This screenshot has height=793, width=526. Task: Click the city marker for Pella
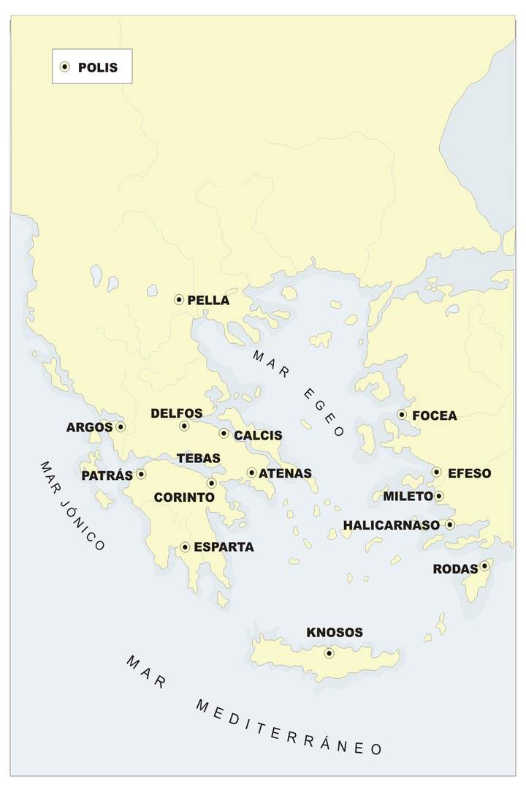[179, 299]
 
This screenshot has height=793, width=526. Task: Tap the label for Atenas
[285, 473]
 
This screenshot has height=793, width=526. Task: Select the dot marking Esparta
[185, 547]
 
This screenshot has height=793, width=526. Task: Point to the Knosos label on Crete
[334, 632]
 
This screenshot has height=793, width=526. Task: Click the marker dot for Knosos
[329, 653]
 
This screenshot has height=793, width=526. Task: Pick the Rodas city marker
[484, 565]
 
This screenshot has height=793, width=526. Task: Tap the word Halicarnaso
[391, 525]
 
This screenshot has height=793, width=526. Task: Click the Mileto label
[408, 497]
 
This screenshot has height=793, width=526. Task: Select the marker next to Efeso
[436, 472]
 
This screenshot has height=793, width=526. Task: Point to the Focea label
[435, 416]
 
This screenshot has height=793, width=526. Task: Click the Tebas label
[198, 459]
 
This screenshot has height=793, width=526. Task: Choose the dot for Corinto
[212, 483]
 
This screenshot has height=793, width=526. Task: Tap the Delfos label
[176, 414]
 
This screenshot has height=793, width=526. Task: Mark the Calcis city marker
[224, 433]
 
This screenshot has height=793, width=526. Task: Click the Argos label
[89, 427]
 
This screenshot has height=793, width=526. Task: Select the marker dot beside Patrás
[141, 474]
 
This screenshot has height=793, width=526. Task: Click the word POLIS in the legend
[97, 67]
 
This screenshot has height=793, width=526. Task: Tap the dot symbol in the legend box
[64, 67]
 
